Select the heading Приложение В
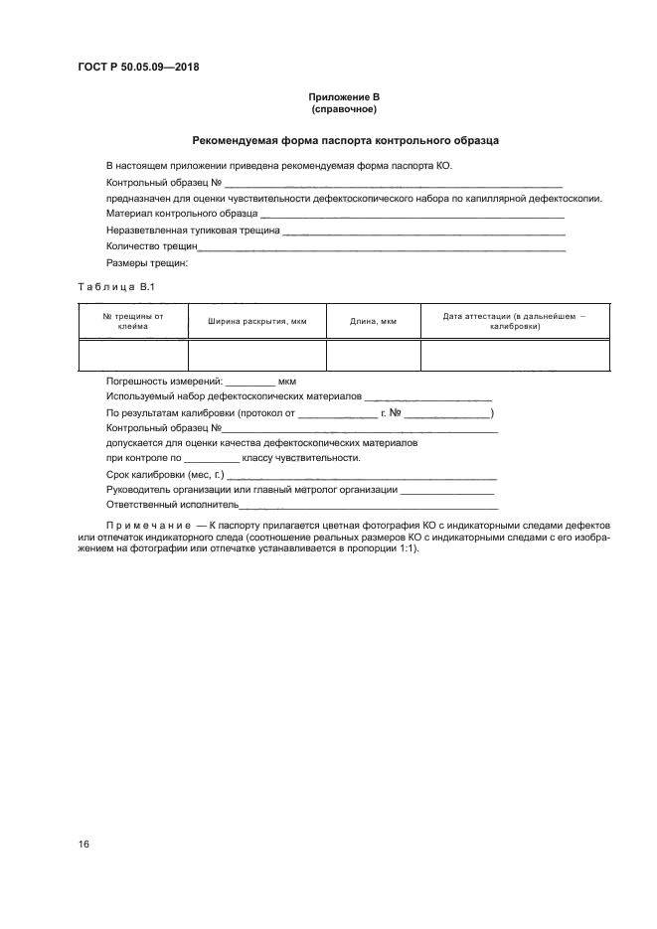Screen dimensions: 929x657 tap(344, 96)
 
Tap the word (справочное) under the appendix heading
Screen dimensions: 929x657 tap(344, 108)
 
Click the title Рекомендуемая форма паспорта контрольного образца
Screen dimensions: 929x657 tap(345, 141)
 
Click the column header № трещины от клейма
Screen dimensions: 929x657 tap(133, 320)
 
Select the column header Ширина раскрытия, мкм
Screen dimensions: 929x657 tap(256, 321)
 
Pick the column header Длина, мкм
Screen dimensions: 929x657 tap(374, 321)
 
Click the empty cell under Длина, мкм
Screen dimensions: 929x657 tap(374, 354)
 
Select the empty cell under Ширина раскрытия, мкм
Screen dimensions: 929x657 tap(256, 354)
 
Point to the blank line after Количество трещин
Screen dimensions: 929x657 tap(383, 246)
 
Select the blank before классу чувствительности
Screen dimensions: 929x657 tap(212, 460)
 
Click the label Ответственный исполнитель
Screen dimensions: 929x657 tap(172, 506)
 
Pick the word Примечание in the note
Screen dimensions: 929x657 tap(148, 524)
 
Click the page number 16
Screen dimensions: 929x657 tap(84, 844)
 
